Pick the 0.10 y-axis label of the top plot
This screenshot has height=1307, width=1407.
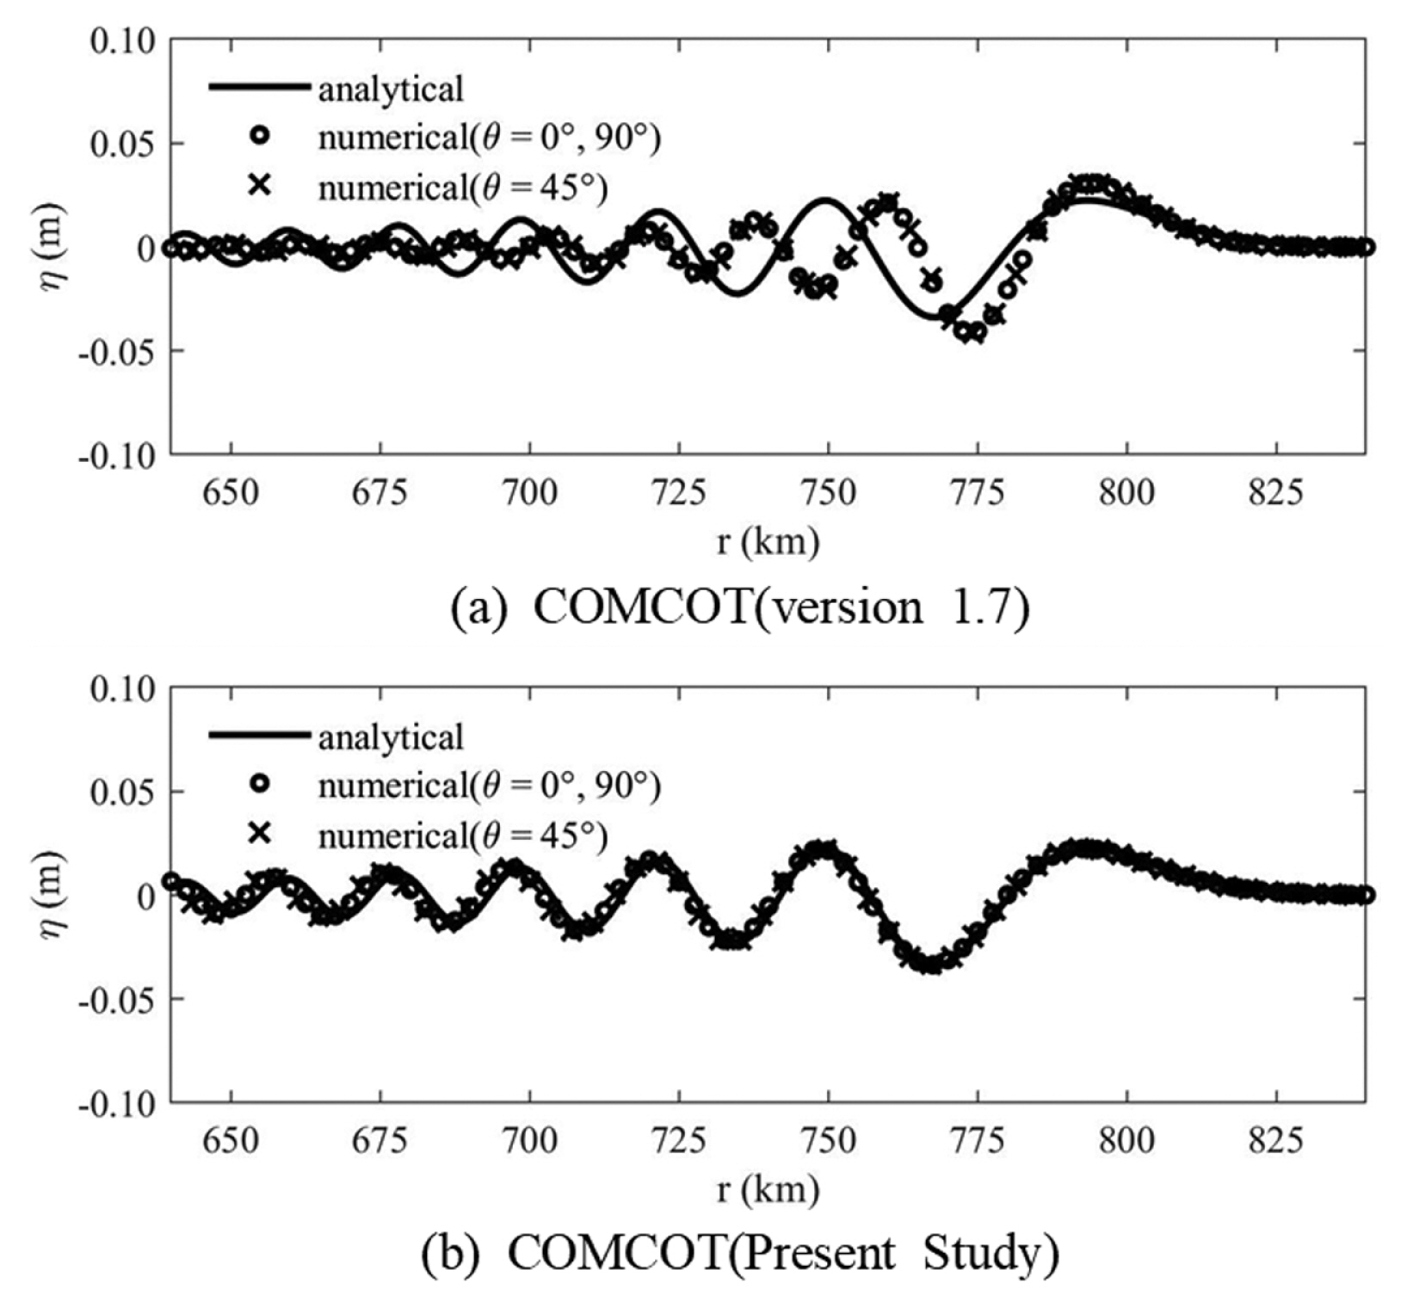pos(123,41)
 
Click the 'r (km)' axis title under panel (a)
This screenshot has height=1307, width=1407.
pos(768,542)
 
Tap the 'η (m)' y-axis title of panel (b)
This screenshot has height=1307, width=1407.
pos(53,895)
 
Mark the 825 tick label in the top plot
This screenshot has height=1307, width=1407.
pos(1276,493)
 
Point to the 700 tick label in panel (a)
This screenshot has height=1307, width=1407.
pos(529,493)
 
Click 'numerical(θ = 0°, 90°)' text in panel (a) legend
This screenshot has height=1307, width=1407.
pos(489,138)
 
